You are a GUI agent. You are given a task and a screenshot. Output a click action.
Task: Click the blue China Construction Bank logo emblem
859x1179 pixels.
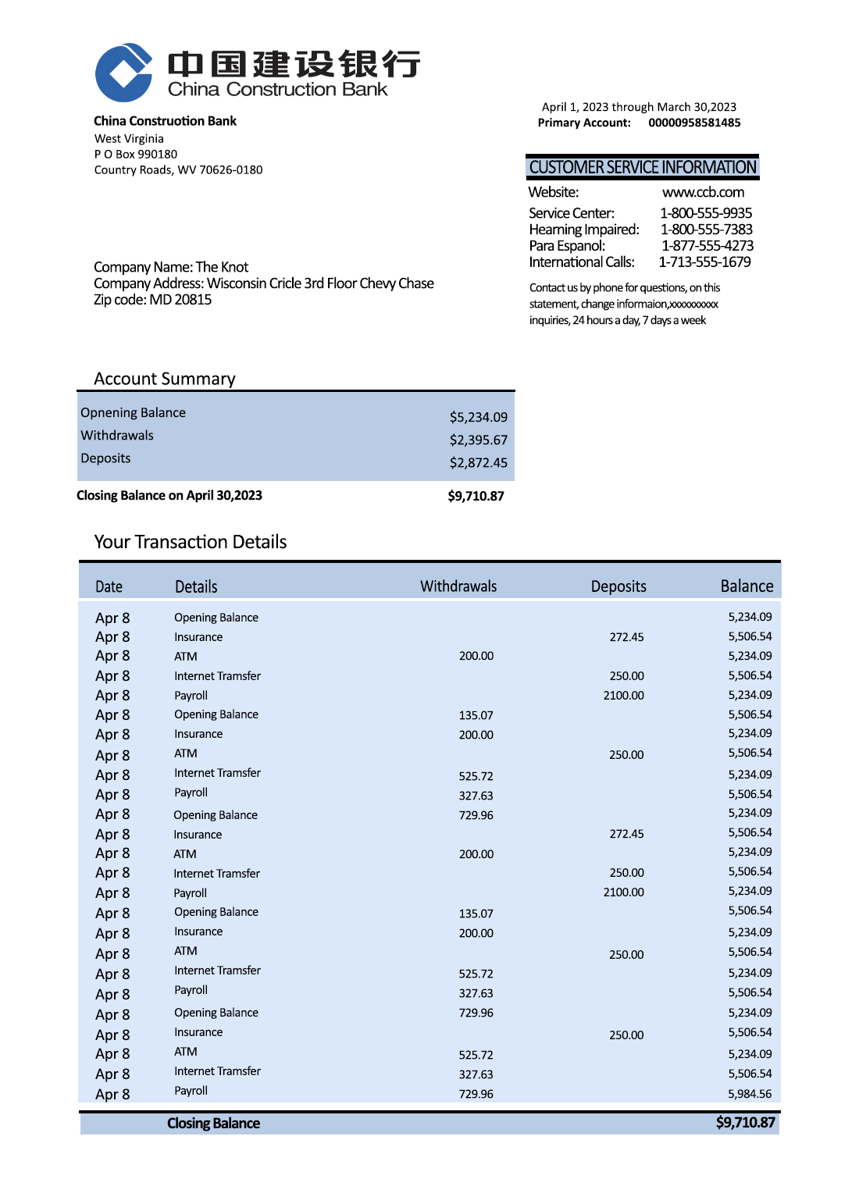(x=123, y=73)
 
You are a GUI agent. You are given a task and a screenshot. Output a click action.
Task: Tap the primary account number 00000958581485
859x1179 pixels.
(x=694, y=123)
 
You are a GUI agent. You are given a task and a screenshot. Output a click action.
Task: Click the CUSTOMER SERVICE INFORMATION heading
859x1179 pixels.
(x=643, y=167)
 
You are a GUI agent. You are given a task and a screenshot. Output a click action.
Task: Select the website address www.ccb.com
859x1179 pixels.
(x=703, y=192)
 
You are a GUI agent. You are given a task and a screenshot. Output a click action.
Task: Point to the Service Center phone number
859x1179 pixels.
(x=706, y=213)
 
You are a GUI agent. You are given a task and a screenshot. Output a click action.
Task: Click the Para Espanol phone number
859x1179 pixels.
(x=708, y=246)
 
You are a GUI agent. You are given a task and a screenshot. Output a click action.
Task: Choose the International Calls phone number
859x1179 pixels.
(x=705, y=262)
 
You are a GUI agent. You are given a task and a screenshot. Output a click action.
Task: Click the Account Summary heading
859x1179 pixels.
(x=165, y=379)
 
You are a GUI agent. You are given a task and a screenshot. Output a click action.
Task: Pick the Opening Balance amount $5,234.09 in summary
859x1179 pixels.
(x=478, y=417)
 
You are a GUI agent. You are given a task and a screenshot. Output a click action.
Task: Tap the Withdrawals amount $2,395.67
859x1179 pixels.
(x=478, y=440)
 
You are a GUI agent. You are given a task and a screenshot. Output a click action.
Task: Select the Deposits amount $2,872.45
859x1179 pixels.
(x=478, y=462)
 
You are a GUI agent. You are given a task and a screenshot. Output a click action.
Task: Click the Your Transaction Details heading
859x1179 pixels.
(x=191, y=542)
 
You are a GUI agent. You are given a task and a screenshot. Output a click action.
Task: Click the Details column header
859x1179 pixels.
(x=196, y=586)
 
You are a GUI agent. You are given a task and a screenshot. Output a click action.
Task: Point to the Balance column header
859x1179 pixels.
(x=747, y=586)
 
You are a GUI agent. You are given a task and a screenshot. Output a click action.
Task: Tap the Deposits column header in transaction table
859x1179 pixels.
(x=618, y=586)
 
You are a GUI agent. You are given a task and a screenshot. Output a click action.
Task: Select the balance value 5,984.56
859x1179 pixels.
(x=750, y=1094)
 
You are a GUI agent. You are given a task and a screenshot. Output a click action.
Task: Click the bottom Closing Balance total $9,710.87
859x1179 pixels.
(x=745, y=1123)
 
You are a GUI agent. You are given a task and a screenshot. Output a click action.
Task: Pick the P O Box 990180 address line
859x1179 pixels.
(x=136, y=154)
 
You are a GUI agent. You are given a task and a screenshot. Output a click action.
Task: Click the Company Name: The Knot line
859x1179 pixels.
(x=171, y=267)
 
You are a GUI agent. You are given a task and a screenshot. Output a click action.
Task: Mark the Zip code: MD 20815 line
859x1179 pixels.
(x=152, y=300)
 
